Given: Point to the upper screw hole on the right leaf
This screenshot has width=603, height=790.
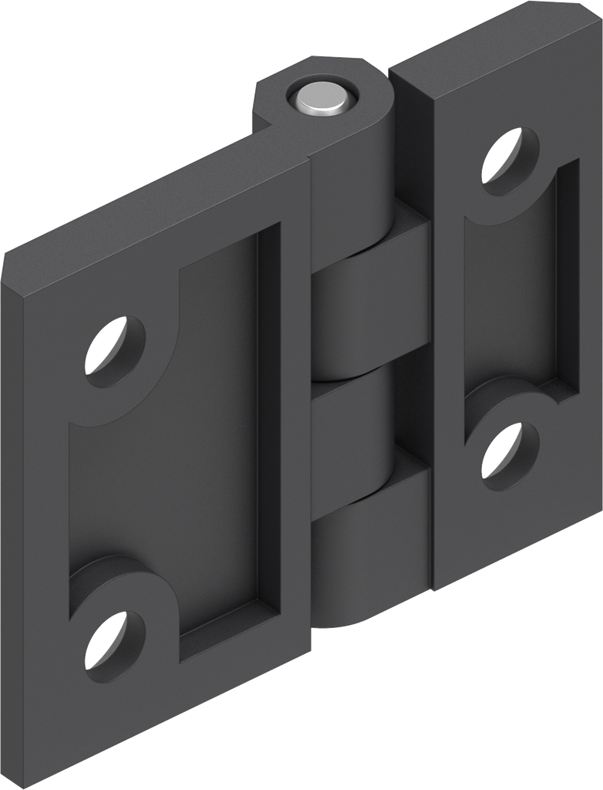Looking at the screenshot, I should pyautogui.click(x=510, y=157).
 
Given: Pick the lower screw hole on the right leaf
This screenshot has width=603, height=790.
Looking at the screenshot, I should pyautogui.click(x=510, y=451).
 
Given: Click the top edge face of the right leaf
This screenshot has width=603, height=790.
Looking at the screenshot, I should pyautogui.click(x=494, y=46).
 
